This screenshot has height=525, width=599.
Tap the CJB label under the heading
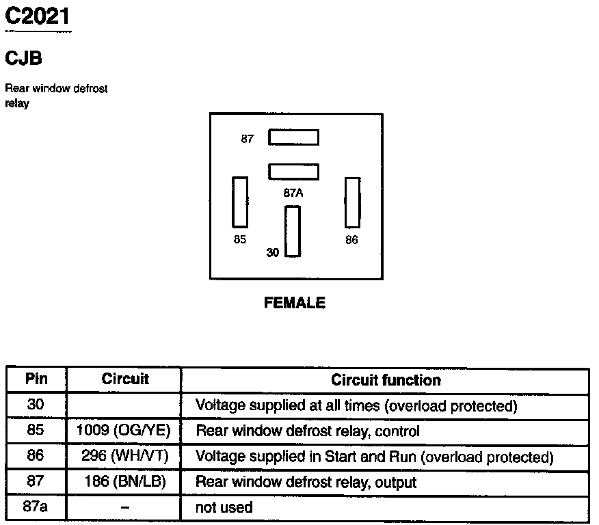(x=23, y=58)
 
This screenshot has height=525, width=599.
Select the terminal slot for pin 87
(x=293, y=137)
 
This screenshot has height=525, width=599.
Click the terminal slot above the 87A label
(x=293, y=171)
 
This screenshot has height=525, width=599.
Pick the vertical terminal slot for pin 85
(x=239, y=202)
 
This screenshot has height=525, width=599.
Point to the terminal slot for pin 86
(x=352, y=202)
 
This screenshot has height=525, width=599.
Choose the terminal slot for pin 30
(x=293, y=230)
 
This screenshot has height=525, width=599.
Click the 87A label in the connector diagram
(x=293, y=193)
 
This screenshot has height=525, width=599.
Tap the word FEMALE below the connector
(x=295, y=303)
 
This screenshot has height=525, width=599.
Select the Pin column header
(x=36, y=379)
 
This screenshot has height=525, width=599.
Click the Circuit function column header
(x=386, y=380)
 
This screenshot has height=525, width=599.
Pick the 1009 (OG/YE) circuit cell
(x=124, y=431)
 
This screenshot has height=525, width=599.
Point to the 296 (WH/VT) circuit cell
(x=124, y=456)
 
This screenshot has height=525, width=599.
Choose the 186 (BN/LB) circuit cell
(x=124, y=481)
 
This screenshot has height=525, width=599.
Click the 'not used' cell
(x=224, y=507)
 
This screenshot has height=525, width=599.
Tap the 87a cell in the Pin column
(x=36, y=507)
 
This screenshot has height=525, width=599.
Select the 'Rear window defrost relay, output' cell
(x=306, y=482)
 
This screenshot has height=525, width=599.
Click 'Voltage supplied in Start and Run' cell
(x=374, y=457)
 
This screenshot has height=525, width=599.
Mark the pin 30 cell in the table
(x=36, y=405)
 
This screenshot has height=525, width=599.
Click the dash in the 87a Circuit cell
(x=124, y=507)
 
